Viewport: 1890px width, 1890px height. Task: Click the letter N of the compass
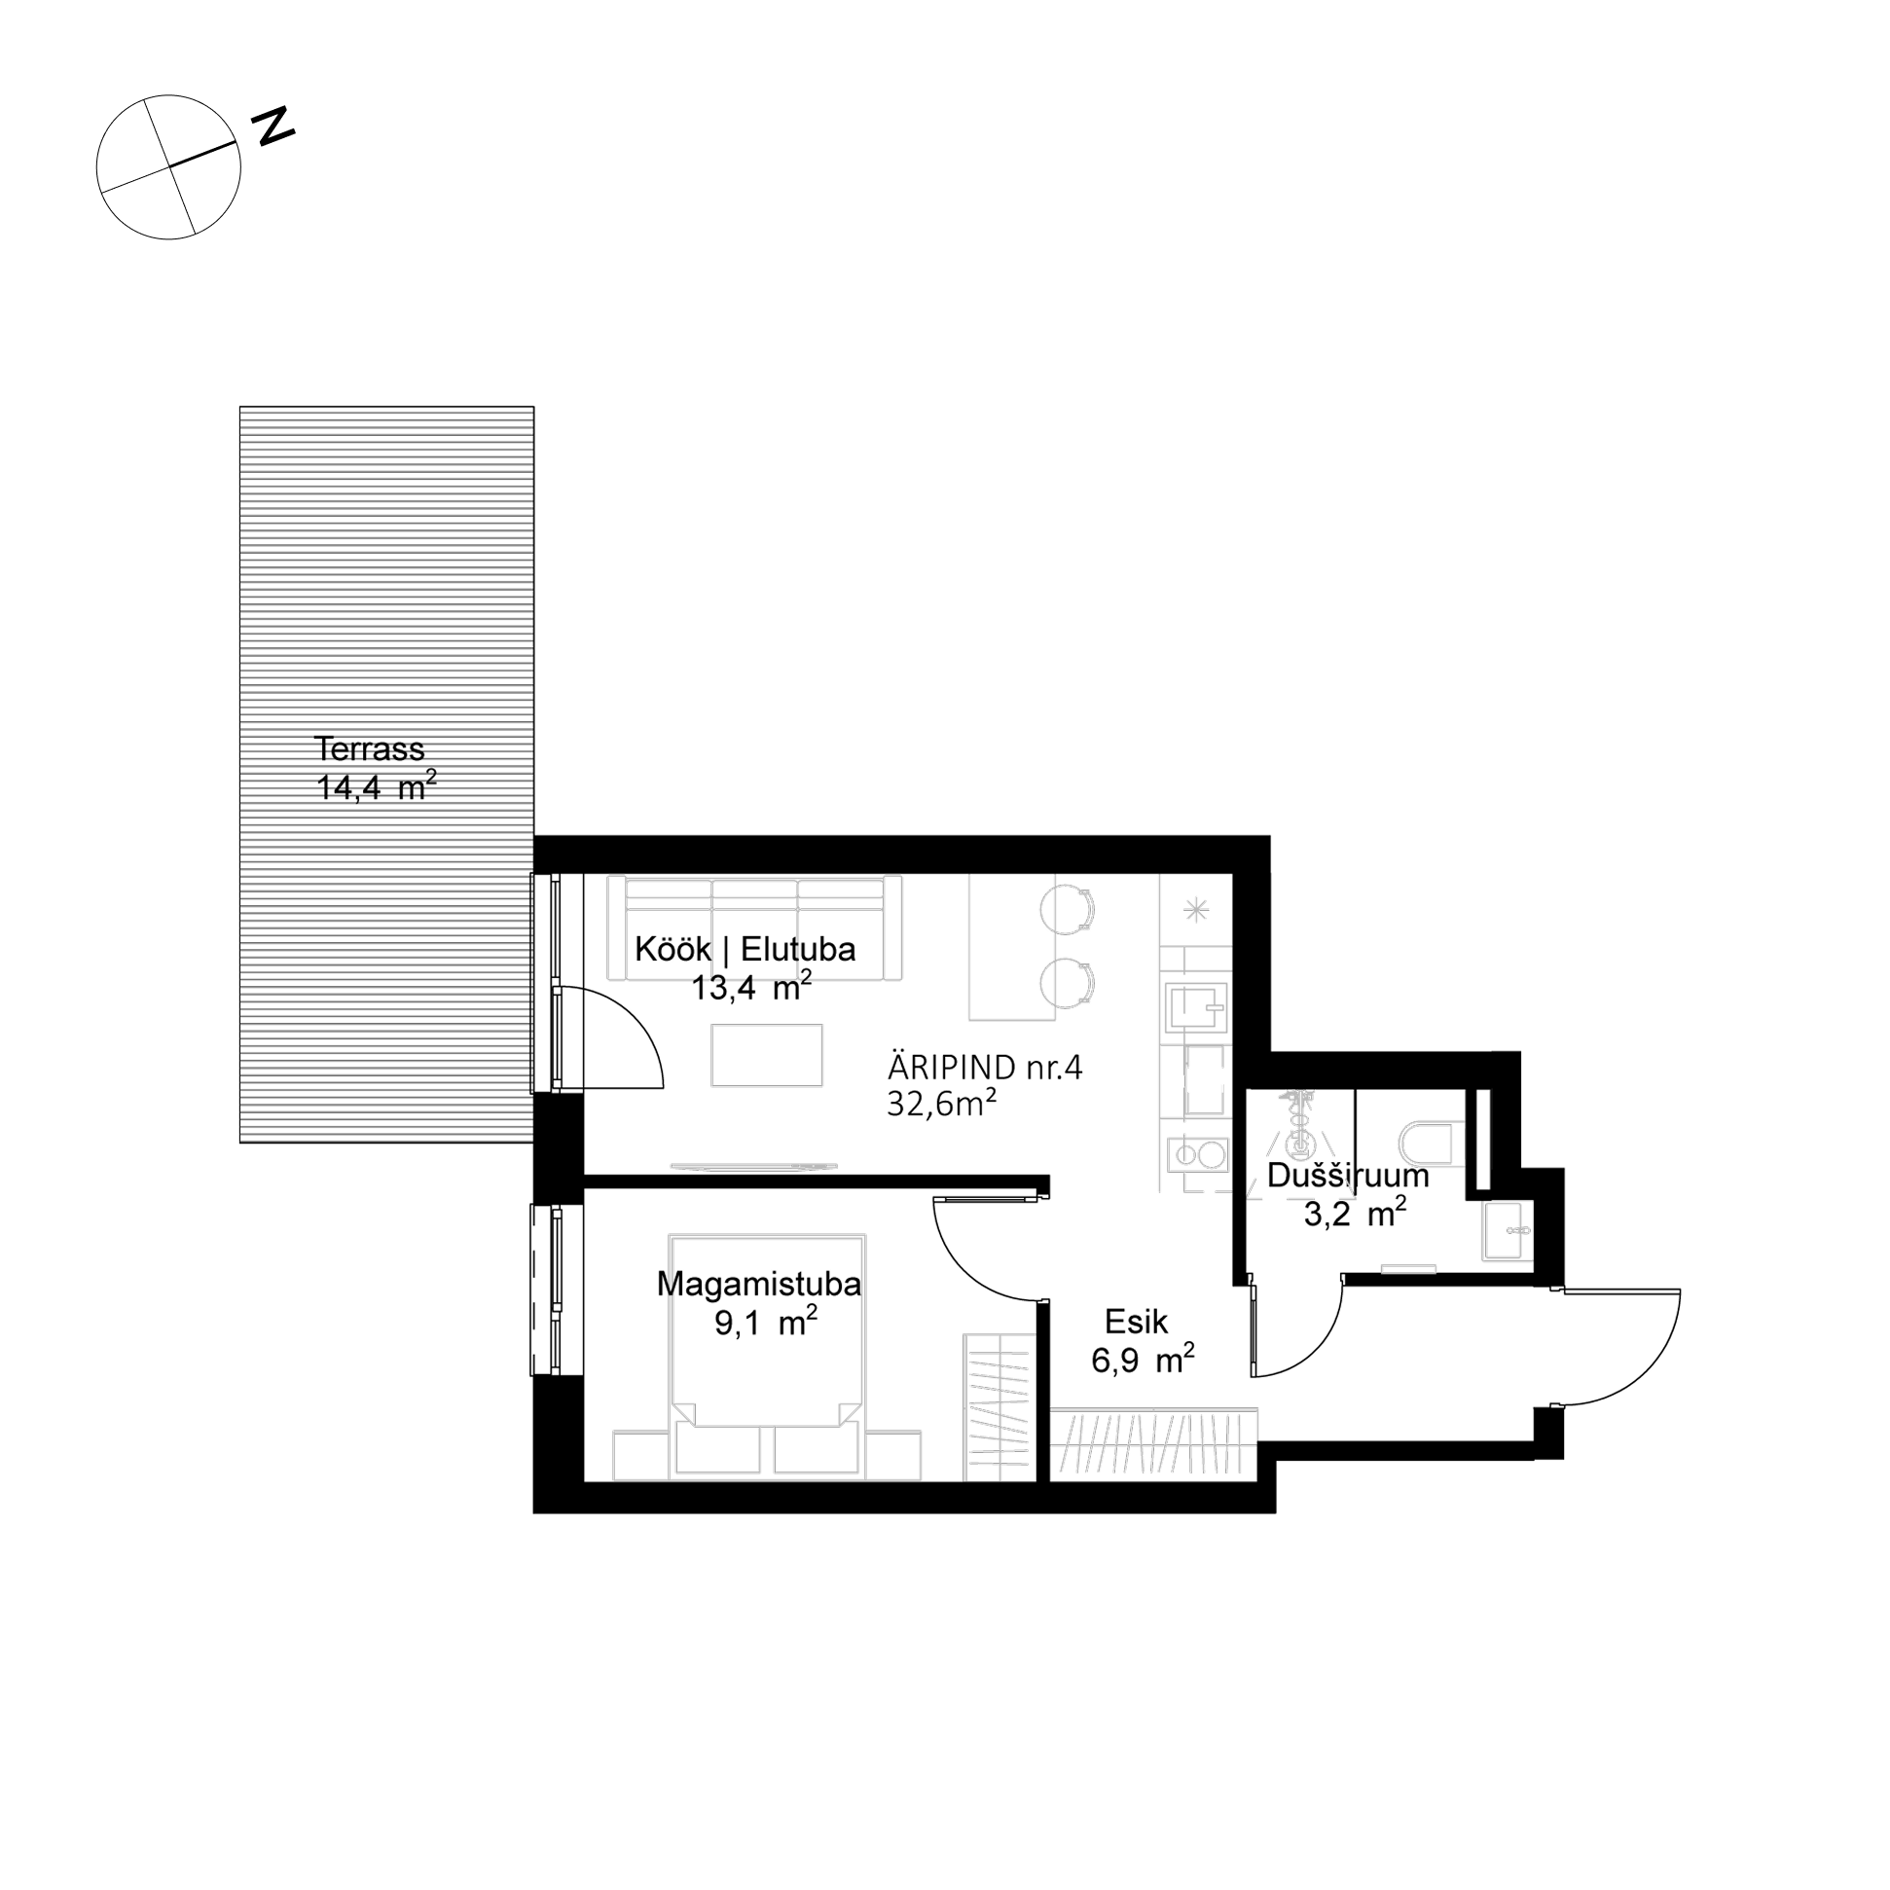pos(273,127)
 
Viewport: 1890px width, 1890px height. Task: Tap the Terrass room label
pos(369,749)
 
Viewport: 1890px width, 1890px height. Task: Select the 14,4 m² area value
pos(376,786)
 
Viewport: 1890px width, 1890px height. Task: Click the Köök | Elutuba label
pos(745,949)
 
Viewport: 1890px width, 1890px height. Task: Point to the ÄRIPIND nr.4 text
pos(985,1068)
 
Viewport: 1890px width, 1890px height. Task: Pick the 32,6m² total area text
pos(941,1104)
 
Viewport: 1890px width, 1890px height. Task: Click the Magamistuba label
pos(758,1284)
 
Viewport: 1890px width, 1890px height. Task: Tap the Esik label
pos(1136,1322)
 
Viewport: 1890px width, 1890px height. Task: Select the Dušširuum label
pos(1347,1175)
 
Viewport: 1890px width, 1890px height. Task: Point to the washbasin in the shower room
pos(1508,1230)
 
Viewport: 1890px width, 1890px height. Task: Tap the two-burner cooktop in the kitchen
pos(1196,1155)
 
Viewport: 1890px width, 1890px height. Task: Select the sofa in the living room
pos(754,927)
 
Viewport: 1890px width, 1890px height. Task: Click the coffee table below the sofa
pos(767,1055)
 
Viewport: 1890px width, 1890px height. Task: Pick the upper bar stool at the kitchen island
pos(1067,909)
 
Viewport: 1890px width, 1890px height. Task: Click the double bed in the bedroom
pos(767,1356)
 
